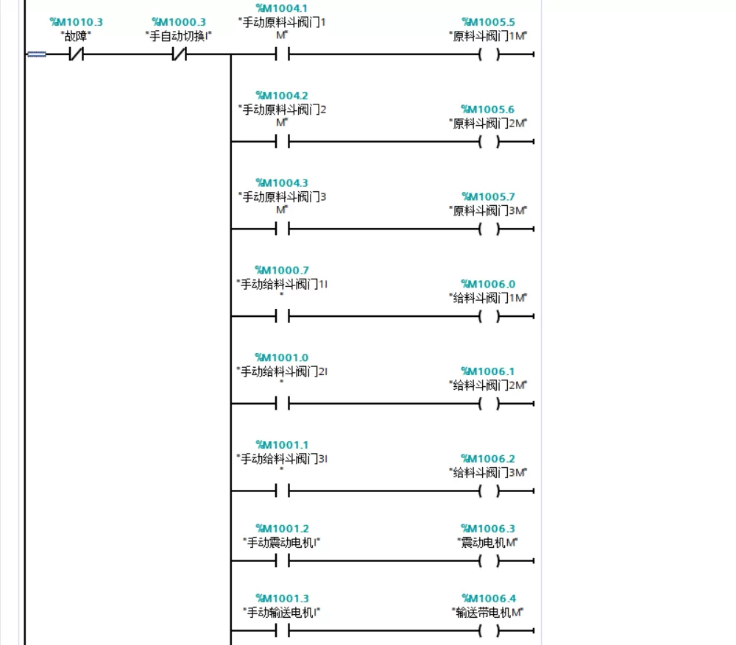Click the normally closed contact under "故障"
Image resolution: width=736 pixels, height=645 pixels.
pos(76,54)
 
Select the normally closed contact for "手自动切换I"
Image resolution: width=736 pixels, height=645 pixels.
pos(179,54)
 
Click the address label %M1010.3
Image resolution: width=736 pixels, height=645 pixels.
pos(76,22)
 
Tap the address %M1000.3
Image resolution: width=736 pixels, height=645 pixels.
pos(179,22)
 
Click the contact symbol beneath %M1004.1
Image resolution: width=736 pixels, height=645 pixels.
pos(282,54)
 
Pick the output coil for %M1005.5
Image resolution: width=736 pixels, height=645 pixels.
pos(489,54)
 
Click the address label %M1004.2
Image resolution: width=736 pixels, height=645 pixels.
pos(282,96)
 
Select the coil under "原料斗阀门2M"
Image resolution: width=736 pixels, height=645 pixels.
pos(489,142)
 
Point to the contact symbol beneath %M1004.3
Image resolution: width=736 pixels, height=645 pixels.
pos(282,229)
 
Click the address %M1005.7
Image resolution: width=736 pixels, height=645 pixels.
pos(488,196)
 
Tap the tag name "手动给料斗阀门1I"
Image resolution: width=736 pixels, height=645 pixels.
pos(282,285)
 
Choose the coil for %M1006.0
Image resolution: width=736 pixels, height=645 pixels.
pos(489,317)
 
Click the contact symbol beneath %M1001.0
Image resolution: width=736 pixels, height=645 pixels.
pos(282,404)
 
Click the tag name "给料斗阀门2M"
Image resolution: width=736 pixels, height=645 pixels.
pos(488,385)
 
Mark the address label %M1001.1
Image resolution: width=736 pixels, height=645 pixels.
pos(282,445)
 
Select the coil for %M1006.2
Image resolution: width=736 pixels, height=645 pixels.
pos(489,491)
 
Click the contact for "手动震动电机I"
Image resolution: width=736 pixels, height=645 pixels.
pos(282,560)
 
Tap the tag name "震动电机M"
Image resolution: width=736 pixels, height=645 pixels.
pos(488,543)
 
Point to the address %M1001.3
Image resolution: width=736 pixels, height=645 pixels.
pos(282,599)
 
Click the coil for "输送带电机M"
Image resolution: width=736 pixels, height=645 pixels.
pos(489,631)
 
